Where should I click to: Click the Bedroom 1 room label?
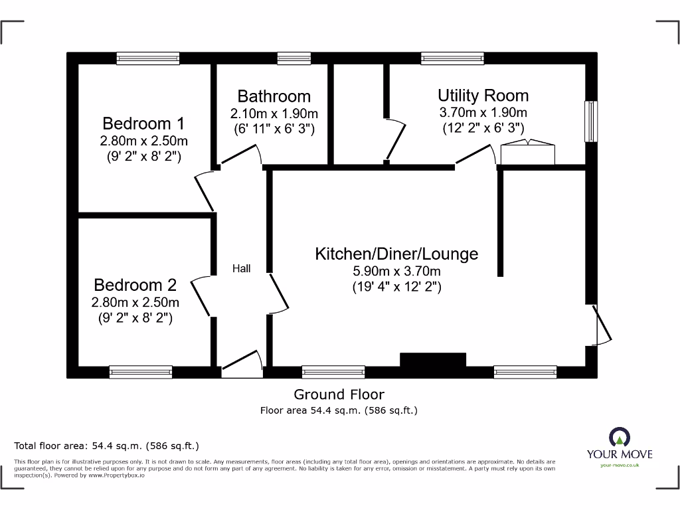pyautogui.click(x=143, y=124)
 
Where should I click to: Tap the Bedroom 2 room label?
pyautogui.click(x=135, y=286)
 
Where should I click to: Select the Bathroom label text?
pyautogui.click(x=274, y=96)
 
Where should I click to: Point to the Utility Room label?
pyautogui.click(x=483, y=96)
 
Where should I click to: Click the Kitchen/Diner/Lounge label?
pyautogui.click(x=396, y=254)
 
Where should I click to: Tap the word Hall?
pyautogui.click(x=241, y=269)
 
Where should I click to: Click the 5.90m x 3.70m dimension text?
pyautogui.click(x=396, y=272)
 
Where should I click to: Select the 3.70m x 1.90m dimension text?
pyautogui.click(x=483, y=113)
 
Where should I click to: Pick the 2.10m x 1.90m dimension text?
pyautogui.click(x=274, y=114)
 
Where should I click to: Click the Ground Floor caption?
pyautogui.click(x=339, y=394)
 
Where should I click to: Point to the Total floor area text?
pyautogui.click(x=106, y=446)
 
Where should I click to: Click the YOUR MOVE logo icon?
pyautogui.click(x=619, y=436)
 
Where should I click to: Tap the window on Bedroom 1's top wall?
pyautogui.click(x=147, y=58)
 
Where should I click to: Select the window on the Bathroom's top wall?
pyautogui.click(x=294, y=58)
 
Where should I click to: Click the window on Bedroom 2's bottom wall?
pyautogui.click(x=141, y=373)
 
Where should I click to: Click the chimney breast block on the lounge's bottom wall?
pyautogui.click(x=432, y=360)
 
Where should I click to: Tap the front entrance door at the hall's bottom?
pyautogui.click(x=242, y=365)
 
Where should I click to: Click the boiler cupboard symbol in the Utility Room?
pyautogui.click(x=527, y=153)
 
